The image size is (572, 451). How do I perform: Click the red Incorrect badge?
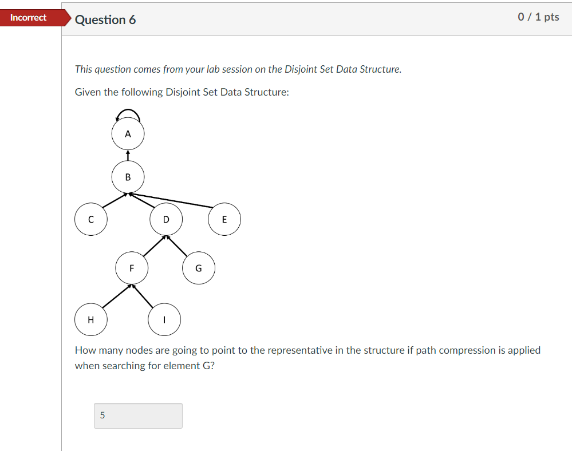(29, 18)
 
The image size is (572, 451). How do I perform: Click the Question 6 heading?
(105, 19)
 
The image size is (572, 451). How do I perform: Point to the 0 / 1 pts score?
(538, 17)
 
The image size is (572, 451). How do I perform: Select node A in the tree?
(128, 134)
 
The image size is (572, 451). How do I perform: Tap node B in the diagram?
(128, 177)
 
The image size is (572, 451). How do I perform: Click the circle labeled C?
(90, 219)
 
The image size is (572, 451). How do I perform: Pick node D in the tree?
(166, 219)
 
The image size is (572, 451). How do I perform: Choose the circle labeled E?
(224, 219)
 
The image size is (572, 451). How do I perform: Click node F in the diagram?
(132, 267)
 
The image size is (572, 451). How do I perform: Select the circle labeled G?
(199, 267)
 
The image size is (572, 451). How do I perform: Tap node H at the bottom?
(90, 320)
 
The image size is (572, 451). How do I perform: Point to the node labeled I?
(164, 320)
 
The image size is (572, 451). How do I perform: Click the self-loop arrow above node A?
(128, 111)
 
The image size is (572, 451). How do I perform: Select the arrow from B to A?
(128, 156)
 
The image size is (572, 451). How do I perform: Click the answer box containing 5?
(138, 416)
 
